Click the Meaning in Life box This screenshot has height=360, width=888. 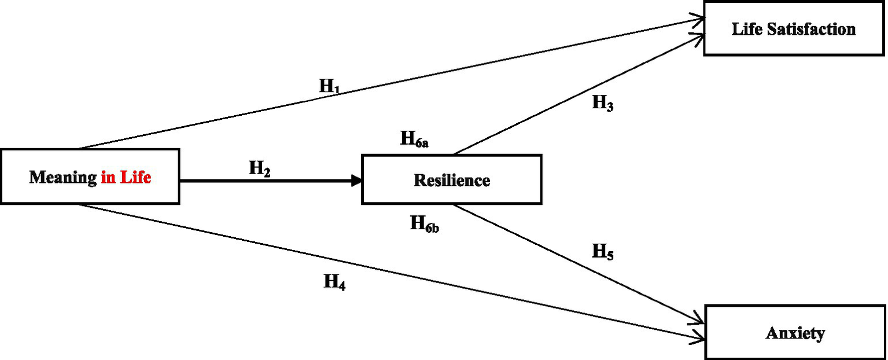(x=90, y=177)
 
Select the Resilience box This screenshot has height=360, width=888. (x=451, y=179)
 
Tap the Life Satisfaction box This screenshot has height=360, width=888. (x=794, y=29)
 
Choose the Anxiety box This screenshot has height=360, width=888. (x=795, y=333)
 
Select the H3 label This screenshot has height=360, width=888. (x=603, y=104)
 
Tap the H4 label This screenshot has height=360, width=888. (x=334, y=282)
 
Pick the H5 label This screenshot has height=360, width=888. (x=603, y=252)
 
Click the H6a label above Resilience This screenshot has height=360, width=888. (x=414, y=139)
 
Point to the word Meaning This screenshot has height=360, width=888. (x=62, y=177)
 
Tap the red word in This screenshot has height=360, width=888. (x=108, y=177)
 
